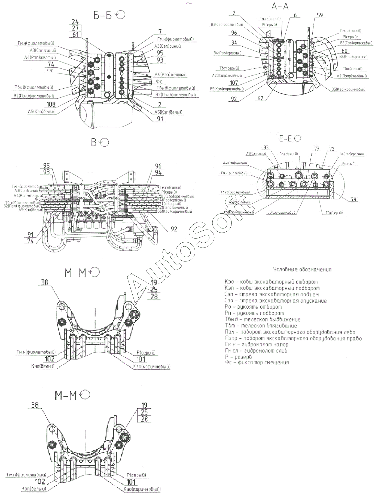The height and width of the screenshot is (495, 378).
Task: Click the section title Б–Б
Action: [103, 16]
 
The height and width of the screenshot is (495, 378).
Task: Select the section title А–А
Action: [280, 6]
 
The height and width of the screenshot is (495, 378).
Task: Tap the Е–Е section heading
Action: [285, 139]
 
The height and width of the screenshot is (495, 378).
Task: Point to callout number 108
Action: [51, 104]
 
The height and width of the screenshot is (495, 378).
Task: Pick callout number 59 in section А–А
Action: [320, 15]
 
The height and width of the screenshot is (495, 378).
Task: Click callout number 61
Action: [75, 34]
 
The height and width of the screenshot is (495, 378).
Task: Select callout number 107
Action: [234, 82]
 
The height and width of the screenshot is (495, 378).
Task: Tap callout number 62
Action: [261, 98]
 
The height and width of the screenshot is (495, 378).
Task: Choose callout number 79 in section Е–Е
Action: [353, 200]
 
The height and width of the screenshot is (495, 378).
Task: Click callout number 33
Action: [266, 148]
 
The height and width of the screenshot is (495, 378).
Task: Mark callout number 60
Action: [345, 51]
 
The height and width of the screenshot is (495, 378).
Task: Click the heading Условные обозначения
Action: [302, 270]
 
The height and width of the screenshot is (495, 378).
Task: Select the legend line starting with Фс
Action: [257, 363]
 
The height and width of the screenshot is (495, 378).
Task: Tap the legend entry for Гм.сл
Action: [256, 351]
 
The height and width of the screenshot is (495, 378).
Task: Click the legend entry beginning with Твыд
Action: [263, 319]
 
